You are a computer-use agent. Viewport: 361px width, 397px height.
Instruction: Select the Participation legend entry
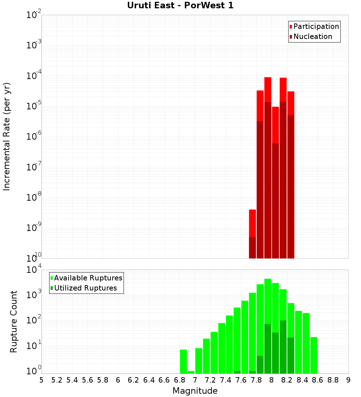click(x=314, y=27)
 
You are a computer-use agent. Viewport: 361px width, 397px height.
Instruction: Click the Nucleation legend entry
click(x=310, y=37)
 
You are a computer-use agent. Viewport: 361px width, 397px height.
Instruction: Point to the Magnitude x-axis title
click(x=195, y=391)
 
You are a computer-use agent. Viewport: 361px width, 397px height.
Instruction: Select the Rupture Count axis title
click(x=14, y=321)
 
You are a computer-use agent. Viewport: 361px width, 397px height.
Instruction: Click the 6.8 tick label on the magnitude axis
click(x=179, y=380)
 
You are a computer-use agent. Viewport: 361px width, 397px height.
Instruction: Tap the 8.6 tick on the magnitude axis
click(x=318, y=380)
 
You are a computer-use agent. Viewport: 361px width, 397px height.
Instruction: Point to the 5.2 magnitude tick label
click(x=57, y=380)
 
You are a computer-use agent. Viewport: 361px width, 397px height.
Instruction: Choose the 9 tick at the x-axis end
click(x=348, y=380)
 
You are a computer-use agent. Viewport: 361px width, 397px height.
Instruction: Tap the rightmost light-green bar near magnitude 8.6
click(x=314, y=355)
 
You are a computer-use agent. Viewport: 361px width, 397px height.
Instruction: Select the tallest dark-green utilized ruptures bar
click(x=283, y=346)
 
